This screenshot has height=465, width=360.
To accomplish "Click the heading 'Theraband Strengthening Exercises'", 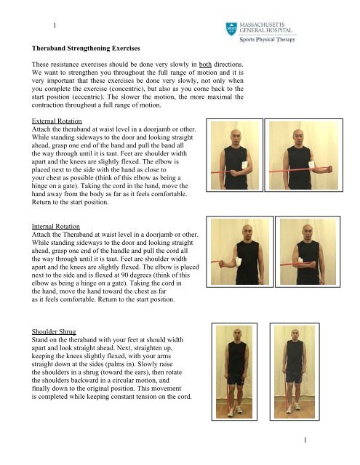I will tap(87, 52).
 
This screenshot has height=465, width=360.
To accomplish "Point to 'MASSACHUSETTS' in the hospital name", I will tap(276, 26).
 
